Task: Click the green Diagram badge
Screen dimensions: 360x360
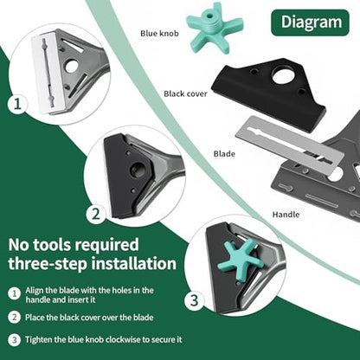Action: [310, 22]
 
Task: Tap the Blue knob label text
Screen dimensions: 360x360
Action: [159, 34]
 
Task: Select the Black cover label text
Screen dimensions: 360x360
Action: [185, 93]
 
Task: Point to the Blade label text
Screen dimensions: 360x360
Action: [224, 154]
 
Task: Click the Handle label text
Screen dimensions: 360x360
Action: [286, 215]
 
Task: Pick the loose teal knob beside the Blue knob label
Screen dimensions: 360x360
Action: [214, 28]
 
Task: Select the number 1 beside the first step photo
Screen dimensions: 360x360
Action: [17, 104]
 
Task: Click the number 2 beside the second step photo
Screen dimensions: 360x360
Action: [96, 214]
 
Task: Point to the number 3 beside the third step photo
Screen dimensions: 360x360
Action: [195, 300]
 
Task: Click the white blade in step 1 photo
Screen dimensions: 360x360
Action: [48, 72]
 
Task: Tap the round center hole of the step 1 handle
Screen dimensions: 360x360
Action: [71, 67]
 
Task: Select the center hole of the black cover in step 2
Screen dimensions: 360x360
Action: [137, 170]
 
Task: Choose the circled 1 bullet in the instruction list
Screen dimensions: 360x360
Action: [14, 294]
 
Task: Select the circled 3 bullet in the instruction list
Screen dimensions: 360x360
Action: [14, 339]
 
